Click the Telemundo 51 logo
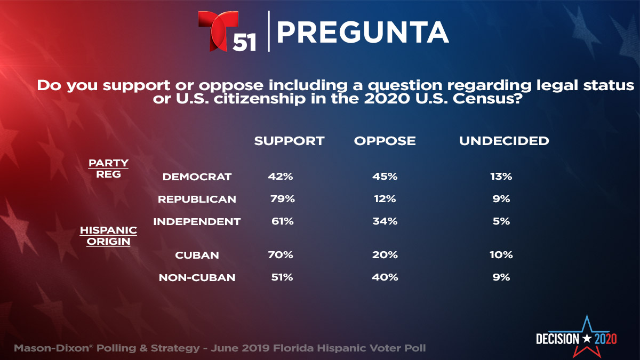(x=227, y=31)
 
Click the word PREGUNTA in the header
(x=363, y=33)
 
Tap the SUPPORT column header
(x=289, y=141)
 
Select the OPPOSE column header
(x=385, y=141)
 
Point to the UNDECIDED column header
(x=504, y=141)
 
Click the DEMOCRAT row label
(x=197, y=177)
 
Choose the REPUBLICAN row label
(x=197, y=199)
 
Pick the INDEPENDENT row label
(x=197, y=221)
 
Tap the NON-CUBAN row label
(x=197, y=277)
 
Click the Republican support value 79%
(x=283, y=199)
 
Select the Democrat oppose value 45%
(x=385, y=177)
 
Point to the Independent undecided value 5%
(x=501, y=221)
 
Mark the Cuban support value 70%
(x=281, y=255)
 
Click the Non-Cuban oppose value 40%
(x=385, y=277)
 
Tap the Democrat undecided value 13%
(x=501, y=177)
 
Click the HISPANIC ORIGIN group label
(x=108, y=235)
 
